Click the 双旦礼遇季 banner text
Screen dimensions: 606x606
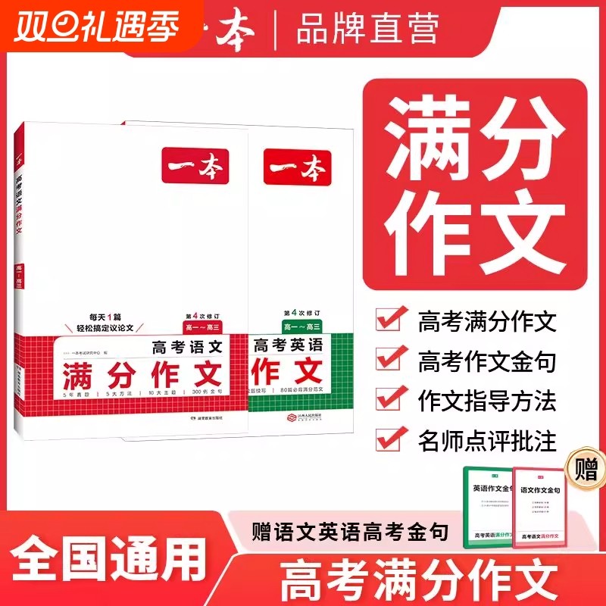95,29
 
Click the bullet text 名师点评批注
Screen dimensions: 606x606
487,439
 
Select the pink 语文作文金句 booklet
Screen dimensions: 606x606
541,506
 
